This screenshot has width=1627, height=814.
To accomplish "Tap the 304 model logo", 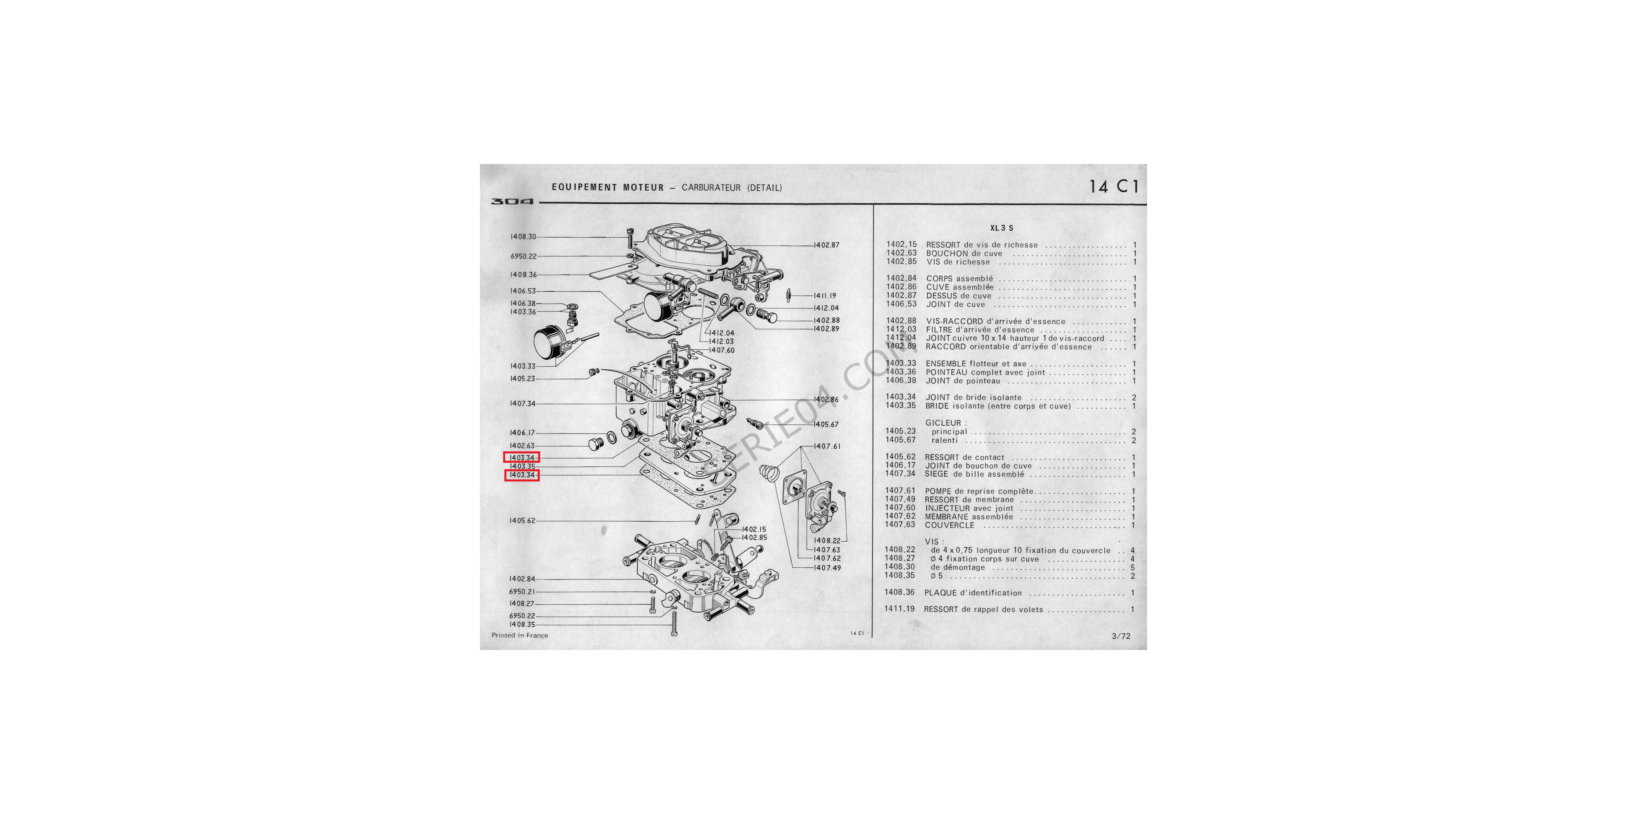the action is [x=512, y=201].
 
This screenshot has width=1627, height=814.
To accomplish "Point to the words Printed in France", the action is [x=520, y=635].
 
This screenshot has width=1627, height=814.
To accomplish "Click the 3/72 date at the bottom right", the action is [x=1121, y=637].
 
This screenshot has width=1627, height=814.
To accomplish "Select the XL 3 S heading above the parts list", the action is [x=1002, y=228].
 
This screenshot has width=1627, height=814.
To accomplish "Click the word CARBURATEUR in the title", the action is [x=711, y=188].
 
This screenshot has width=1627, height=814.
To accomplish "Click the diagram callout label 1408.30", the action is [x=523, y=237].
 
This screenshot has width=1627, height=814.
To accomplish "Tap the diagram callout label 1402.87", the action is [x=827, y=245].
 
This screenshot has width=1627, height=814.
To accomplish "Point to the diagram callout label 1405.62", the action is [x=522, y=521].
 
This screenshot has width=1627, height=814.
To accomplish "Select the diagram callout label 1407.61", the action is [x=827, y=446].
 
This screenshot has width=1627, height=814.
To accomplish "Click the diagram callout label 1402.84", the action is [x=522, y=579].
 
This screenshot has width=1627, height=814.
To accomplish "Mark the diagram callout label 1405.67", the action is [x=826, y=425].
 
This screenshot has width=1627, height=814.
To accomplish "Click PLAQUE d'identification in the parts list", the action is [x=973, y=593].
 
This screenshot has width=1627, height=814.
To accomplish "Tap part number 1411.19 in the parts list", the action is [x=899, y=609].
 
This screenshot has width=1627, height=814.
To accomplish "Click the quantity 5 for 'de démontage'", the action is [x=1132, y=567].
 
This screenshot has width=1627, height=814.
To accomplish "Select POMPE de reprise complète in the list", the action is [x=979, y=491].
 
